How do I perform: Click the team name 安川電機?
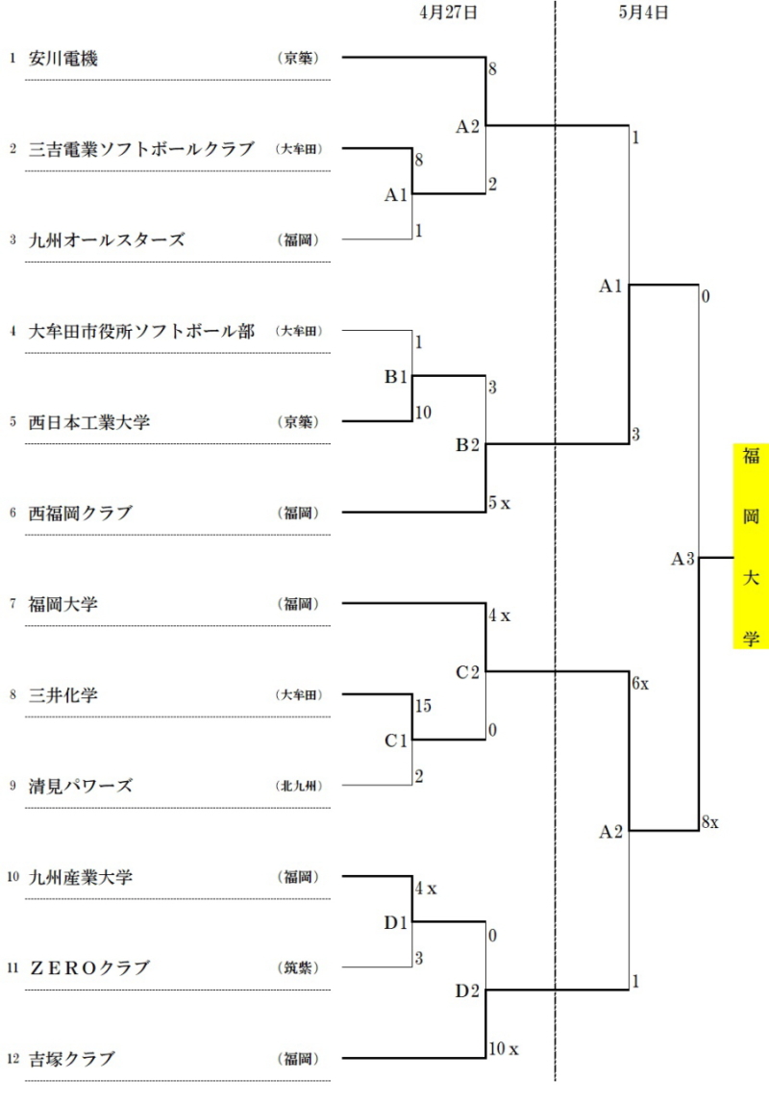coord(63,59)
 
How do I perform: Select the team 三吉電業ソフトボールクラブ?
coord(141,149)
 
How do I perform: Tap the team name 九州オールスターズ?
coord(107,240)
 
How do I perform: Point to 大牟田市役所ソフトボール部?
coord(141,331)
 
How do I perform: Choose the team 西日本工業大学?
coord(89,422)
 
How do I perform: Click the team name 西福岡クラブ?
coord(81,514)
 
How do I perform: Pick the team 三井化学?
coord(63,695)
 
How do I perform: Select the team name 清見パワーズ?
coord(81,787)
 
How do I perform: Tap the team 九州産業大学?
coord(81,877)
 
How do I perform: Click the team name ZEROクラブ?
coord(89,968)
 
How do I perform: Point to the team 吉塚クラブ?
coord(72,1059)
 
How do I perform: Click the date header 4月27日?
coord(448,13)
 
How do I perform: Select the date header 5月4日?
coord(643,13)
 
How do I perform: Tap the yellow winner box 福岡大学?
coord(751,546)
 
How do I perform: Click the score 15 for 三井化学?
coord(423,706)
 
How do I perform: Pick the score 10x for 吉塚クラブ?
coord(504,1049)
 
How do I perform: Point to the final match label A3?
coord(682,559)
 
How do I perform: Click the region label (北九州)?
coord(298,786)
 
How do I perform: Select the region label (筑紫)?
coord(298,968)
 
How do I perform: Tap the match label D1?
coord(395,923)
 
